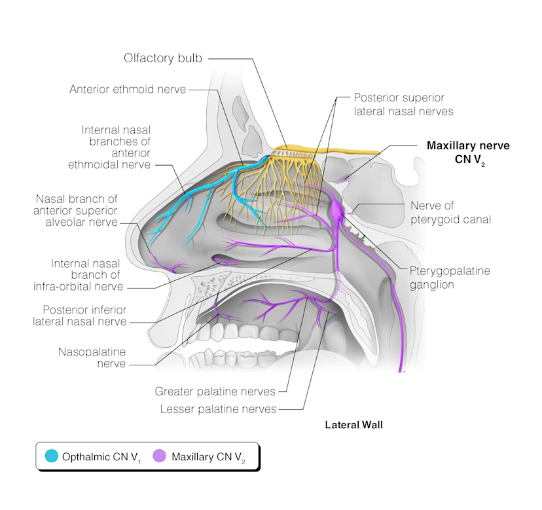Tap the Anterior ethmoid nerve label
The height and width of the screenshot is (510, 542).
pyautogui.click(x=128, y=89)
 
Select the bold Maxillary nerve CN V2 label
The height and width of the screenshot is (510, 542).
pyautogui.click(x=467, y=152)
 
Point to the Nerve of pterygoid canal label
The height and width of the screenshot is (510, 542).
pyautogui.click(x=450, y=213)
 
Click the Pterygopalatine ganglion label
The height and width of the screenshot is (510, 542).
pyautogui.click(x=450, y=278)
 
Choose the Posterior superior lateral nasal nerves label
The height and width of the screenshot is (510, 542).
pyautogui.click(x=403, y=104)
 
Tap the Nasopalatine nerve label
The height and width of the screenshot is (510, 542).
pyautogui.click(x=92, y=357)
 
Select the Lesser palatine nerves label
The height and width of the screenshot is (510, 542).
pyautogui.click(x=218, y=409)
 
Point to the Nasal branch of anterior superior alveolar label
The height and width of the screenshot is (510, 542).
pyautogui.click(x=77, y=209)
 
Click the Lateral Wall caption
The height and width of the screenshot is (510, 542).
pyautogui.click(x=353, y=425)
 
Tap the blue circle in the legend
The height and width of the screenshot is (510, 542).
pyautogui.click(x=51, y=456)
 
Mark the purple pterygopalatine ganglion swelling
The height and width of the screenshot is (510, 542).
pyautogui.click(x=336, y=209)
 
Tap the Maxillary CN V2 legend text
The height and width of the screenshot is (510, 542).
pyautogui.click(x=208, y=456)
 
